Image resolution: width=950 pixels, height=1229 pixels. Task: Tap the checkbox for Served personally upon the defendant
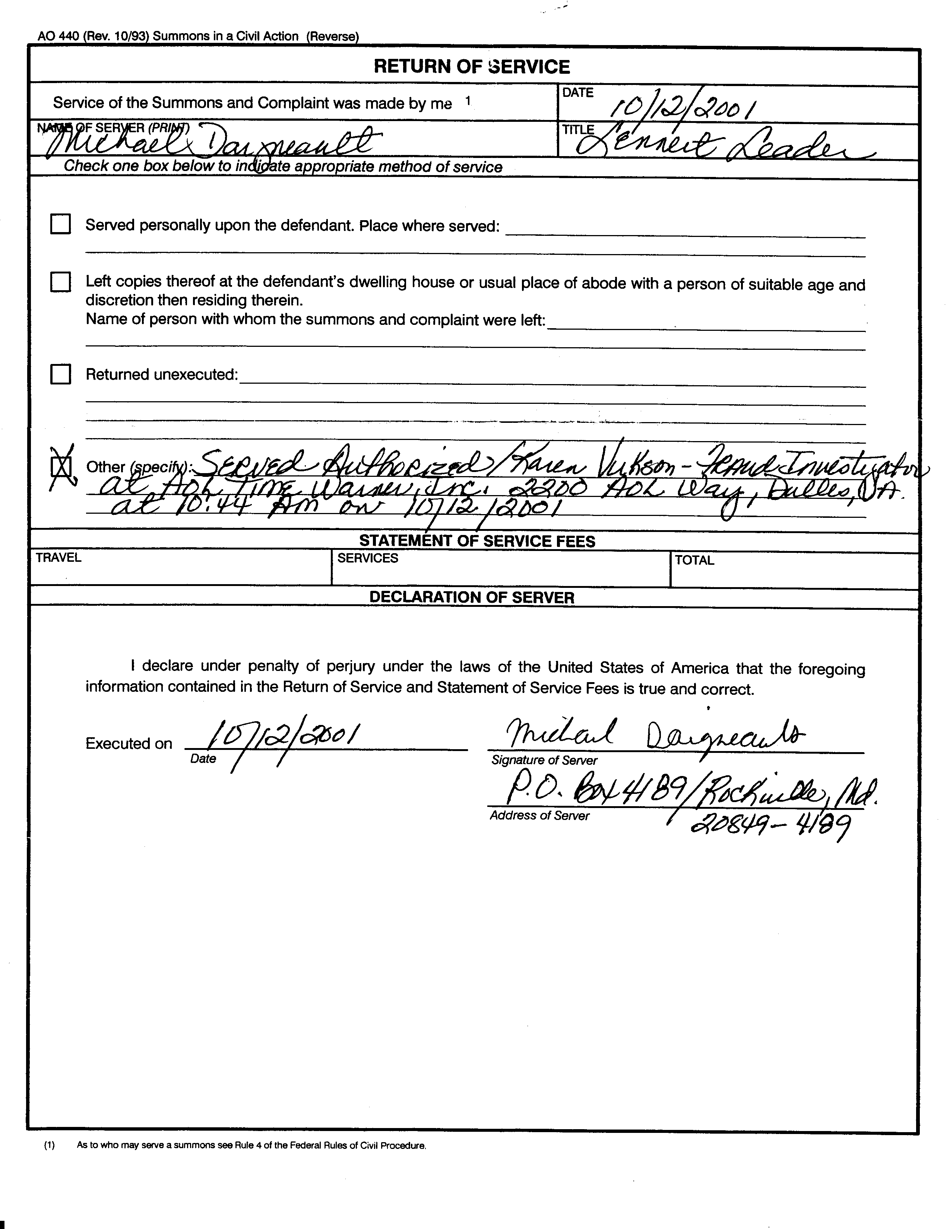(x=61, y=224)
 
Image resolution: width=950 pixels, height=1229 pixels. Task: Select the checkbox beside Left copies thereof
(x=61, y=282)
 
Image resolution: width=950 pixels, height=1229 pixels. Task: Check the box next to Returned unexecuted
(x=61, y=374)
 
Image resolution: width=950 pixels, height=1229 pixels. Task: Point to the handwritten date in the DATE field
(x=683, y=106)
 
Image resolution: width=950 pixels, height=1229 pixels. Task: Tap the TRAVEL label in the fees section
(x=58, y=558)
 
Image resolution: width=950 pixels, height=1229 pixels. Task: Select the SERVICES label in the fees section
(x=367, y=558)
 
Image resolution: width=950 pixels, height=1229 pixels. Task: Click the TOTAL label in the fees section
(x=694, y=560)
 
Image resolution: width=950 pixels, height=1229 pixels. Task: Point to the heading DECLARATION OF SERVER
(x=472, y=598)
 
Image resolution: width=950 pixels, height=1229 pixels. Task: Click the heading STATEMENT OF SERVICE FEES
(x=477, y=541)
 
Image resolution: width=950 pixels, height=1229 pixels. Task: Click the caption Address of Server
(x=539, y=815)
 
